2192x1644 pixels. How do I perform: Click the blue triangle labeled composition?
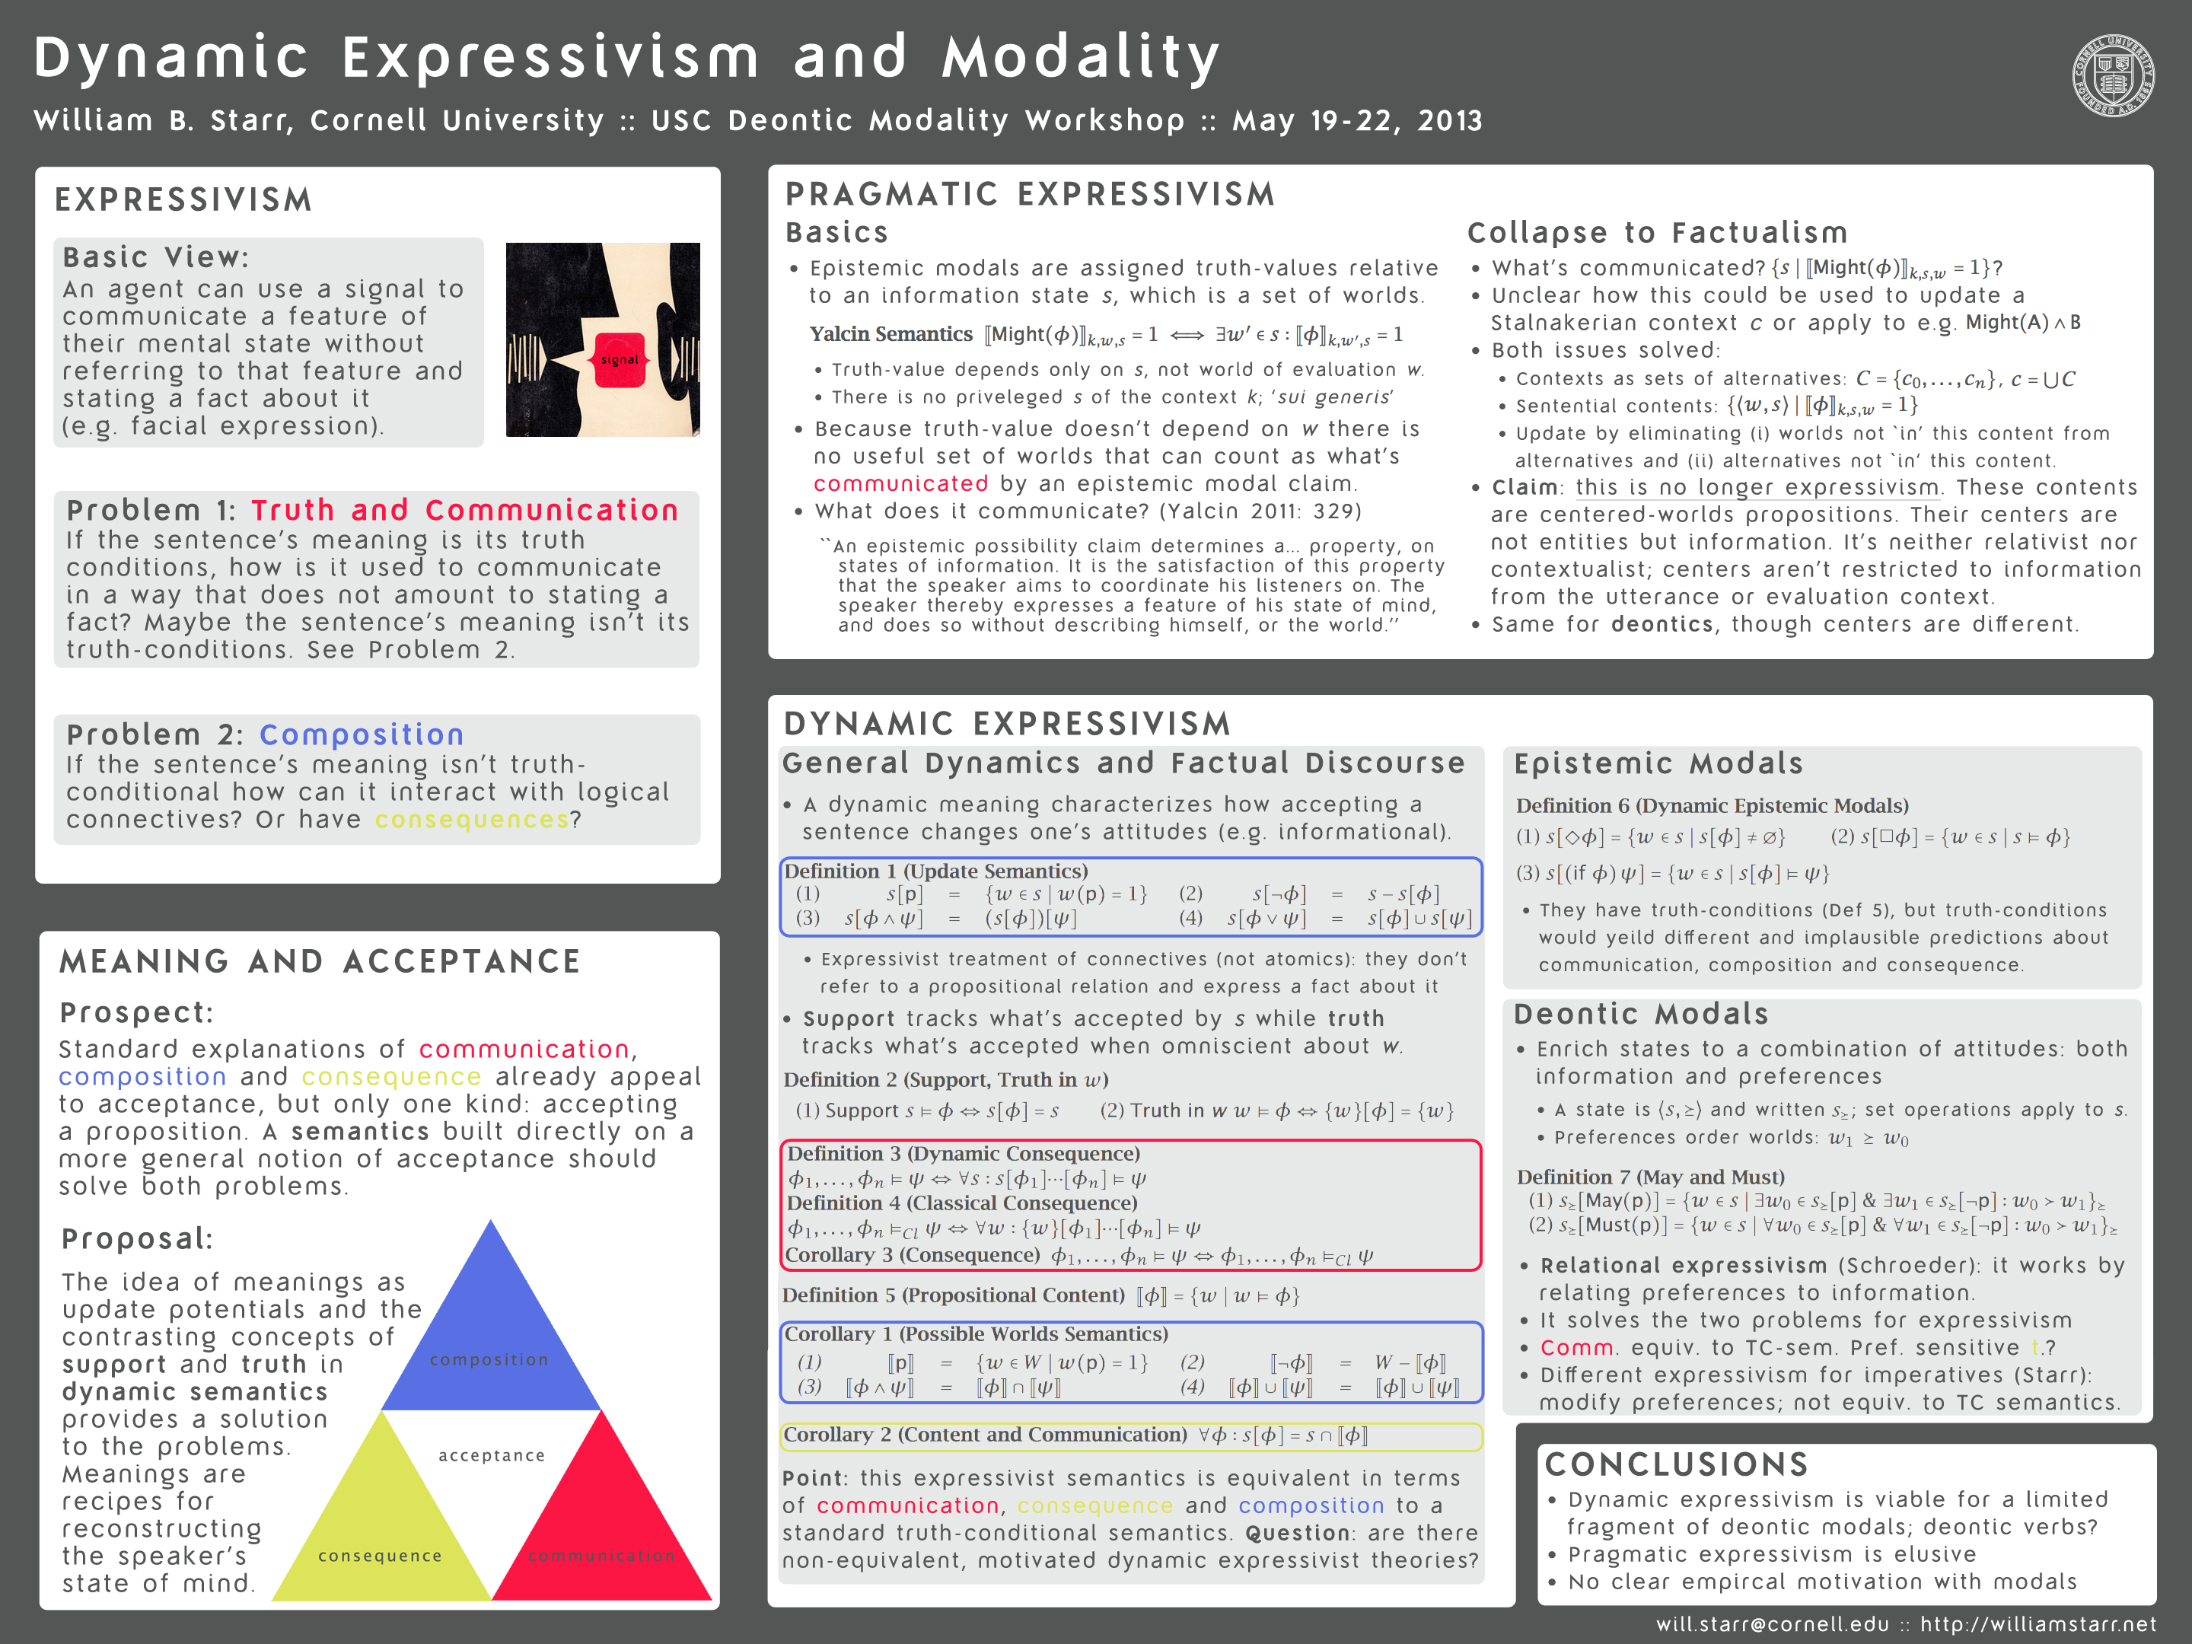click(x=490, y=1328)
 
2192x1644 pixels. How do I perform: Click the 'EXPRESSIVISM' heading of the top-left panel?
click(x=183, y=200)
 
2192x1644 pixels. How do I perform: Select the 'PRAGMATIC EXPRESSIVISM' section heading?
click(x=1030, y=194)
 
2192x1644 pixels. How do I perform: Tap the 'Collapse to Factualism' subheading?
click(x=1657, y=233)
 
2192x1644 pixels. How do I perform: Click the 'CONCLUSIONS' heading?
click(x=1676, y=1464)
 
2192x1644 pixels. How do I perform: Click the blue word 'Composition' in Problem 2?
click(x=362, y=734)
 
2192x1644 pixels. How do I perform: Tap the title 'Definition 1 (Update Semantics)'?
click(x=935, y=871)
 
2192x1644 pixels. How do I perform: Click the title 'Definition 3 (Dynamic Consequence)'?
click(x=964, y=1154)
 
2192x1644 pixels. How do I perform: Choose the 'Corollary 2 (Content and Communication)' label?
click(x=985, y=1435)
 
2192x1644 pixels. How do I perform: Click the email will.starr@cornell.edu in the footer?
click(x=1772, y=1624)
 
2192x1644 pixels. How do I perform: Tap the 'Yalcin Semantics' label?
click(x=890, y=334)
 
